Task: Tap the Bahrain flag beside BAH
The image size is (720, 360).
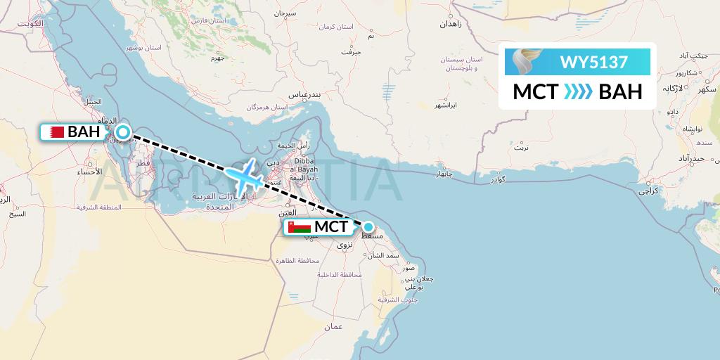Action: (54, 131)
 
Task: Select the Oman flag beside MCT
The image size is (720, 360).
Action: (299, 227)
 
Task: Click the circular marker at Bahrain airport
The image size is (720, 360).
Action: (123, 131)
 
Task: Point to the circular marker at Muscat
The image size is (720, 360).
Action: (368, 226)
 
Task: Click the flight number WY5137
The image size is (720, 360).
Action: (593, 62)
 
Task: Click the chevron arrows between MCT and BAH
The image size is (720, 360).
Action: (579, 92)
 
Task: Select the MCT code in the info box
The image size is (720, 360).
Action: (535, 92)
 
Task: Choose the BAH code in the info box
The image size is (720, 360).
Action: (620, 92)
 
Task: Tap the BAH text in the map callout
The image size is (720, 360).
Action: (84, 131)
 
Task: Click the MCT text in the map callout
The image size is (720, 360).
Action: (330, 227)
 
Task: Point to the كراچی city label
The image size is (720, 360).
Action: (647, 191)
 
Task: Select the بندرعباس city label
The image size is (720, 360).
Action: (307, 94)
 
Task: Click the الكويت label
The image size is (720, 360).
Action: (32, 23)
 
